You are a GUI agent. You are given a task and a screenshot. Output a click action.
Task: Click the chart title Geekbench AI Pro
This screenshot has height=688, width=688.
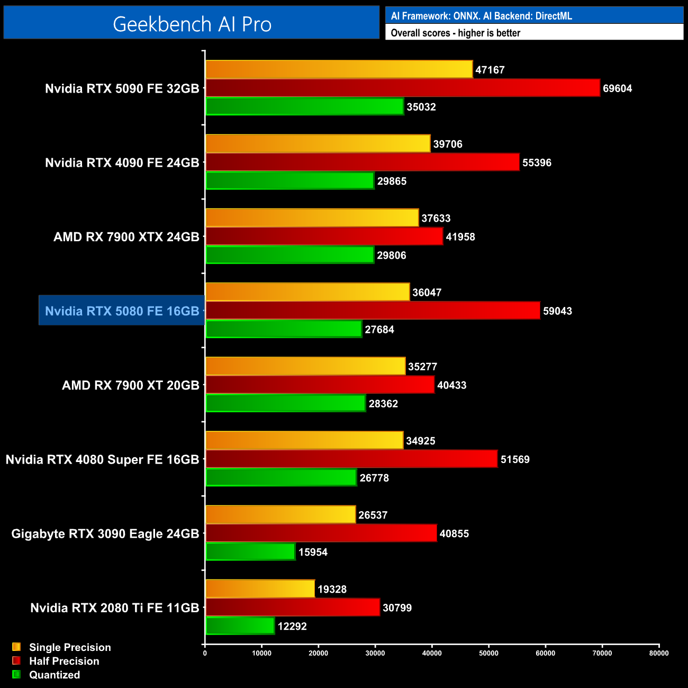pos(192,24)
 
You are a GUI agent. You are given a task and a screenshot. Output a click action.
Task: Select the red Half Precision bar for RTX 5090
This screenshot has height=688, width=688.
pos(402,88)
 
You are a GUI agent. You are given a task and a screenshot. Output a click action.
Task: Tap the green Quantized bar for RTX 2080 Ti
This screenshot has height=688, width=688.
pos(240,626)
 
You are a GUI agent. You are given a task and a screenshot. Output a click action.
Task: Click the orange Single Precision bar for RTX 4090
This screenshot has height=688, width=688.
pos(318,143)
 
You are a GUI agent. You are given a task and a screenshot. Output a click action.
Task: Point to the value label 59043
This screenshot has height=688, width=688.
pos(557,311)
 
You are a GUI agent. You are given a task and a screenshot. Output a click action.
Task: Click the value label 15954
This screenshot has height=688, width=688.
pos(313,552)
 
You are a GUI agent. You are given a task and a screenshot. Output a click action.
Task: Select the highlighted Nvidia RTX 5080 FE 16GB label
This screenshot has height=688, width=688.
pos(122,311)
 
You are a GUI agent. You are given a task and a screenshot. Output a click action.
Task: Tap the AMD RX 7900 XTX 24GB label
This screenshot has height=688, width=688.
pos(126,237)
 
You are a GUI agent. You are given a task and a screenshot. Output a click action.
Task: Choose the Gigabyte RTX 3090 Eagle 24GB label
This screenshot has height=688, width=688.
pos(105,533)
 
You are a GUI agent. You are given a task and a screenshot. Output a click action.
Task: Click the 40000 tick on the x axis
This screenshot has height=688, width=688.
pos(432,653)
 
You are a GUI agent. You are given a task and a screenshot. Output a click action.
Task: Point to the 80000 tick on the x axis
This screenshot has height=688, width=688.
pos(659,653)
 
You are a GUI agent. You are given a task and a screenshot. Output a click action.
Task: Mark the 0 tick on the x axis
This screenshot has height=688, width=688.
pos(205,653)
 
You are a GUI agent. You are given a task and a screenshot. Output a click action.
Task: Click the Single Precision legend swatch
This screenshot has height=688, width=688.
pos(16,647)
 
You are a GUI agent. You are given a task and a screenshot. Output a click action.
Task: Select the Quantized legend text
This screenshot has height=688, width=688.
pos(55,675)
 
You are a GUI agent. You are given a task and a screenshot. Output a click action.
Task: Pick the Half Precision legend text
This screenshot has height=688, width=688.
pos(64,661)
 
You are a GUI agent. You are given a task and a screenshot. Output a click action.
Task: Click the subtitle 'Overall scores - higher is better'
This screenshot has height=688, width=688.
pos(455,33)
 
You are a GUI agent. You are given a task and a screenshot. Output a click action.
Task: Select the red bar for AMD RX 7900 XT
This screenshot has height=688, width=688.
pos(320,385)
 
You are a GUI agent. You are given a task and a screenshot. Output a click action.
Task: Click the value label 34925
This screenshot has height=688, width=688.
pos(420,441)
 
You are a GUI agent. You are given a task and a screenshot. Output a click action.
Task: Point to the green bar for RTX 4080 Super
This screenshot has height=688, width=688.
pos(280,477)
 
